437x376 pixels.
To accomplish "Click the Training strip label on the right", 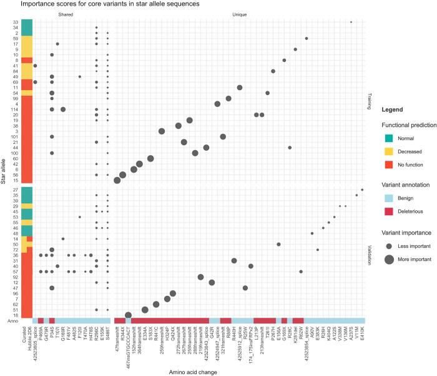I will (x=368, y=101).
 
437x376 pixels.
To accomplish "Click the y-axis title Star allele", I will (x=6, y=169).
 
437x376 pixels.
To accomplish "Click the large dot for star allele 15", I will (x=117, y=180).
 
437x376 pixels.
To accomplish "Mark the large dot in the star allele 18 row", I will (x=129, y=315).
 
